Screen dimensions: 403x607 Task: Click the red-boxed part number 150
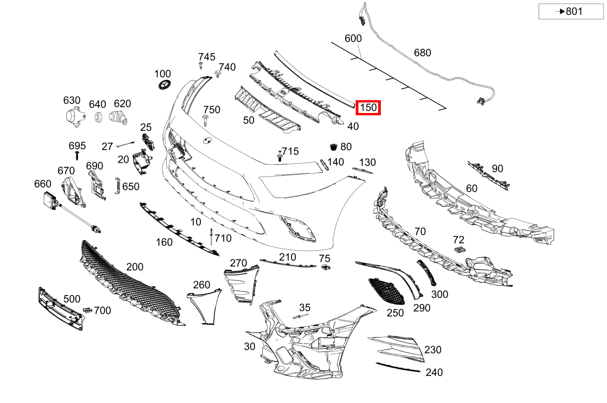368,108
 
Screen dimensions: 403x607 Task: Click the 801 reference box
570,11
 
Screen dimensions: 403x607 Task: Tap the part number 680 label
422,53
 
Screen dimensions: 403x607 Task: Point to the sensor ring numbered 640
98,117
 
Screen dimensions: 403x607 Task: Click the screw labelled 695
78,156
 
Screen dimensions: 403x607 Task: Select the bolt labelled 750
206,121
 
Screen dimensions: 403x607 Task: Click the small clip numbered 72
460,249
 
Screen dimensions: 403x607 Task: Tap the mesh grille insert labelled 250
387,291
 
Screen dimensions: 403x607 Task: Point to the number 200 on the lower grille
135,267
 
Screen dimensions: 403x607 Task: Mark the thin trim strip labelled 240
397,367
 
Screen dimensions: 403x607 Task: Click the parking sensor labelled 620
118,117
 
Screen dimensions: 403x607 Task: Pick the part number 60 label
472,188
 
